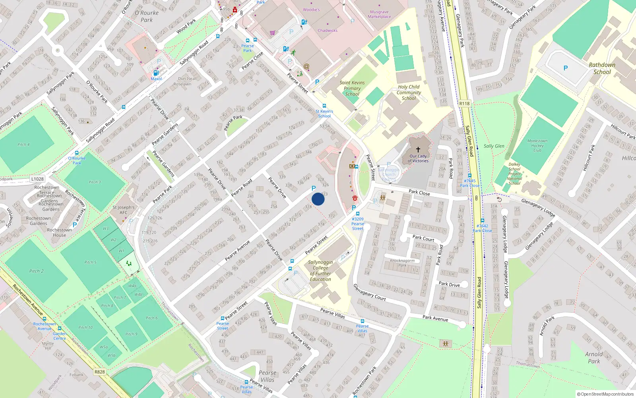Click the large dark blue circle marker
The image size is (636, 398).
[318, 199]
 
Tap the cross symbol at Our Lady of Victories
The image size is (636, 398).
[418, 150]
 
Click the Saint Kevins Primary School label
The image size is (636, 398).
[352, 88]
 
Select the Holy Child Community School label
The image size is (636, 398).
[409, 92]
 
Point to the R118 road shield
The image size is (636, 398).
[464, 103]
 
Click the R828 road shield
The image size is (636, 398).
[100, 372]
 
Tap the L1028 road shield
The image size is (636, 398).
[37, 179]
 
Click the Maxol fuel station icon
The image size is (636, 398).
[156, 73]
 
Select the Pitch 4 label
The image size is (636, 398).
[23, 144]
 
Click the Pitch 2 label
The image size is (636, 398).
[37, 271]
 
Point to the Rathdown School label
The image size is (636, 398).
[602, 68]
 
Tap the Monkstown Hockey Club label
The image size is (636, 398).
[537, 146]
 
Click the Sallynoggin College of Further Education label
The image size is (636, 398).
[320, 271]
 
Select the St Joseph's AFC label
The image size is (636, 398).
[124, 210]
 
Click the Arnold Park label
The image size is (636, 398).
[594, 357]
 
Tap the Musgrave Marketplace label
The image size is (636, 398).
[379, 14]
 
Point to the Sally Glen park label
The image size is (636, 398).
[494, 146]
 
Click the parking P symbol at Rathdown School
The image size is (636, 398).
[565, 68]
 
